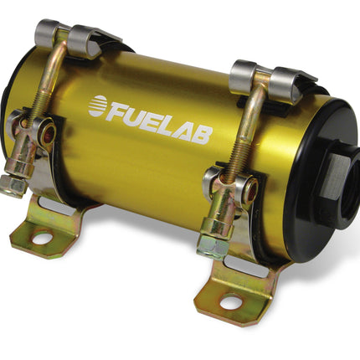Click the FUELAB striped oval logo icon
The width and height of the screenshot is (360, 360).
click(98, 105)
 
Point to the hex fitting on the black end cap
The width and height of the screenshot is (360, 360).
click(333, 177)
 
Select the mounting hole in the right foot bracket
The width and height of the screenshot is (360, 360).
click(230, 301)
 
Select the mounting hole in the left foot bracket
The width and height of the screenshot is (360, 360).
click(42, 238)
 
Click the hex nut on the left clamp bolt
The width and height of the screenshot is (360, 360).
click(13, 186)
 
